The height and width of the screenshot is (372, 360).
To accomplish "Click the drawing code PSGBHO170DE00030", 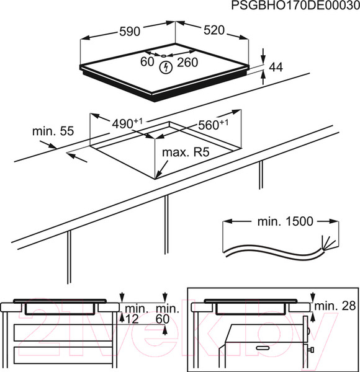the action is [295, 6].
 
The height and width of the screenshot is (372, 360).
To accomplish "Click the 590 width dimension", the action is [130, 32].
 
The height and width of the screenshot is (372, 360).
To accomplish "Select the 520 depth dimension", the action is [214, 30].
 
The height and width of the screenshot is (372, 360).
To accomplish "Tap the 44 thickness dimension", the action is [276, 67].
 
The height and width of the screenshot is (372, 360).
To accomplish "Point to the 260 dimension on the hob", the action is [187, 63].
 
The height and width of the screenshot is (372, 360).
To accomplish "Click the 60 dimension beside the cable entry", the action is [147, 61].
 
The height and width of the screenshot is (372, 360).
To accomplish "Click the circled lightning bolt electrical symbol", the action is [166, 68].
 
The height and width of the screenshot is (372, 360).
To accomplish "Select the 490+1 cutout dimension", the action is [127, 123].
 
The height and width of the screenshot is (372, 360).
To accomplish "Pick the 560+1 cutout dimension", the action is [214, 125].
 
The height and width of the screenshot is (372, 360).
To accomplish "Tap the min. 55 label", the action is [53, 131].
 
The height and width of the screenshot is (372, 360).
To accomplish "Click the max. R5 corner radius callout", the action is [186, 153].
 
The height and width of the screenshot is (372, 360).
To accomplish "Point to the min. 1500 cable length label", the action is [286, 221].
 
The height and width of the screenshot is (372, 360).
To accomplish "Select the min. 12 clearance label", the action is [133, 314].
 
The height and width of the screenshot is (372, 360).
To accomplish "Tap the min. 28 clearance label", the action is [335, 306].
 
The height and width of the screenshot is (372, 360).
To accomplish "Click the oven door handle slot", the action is [263, 348].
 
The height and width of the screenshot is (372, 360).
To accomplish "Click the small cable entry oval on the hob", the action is [164, 56].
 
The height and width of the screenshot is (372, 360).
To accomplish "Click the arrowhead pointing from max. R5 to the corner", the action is [158, 175].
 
